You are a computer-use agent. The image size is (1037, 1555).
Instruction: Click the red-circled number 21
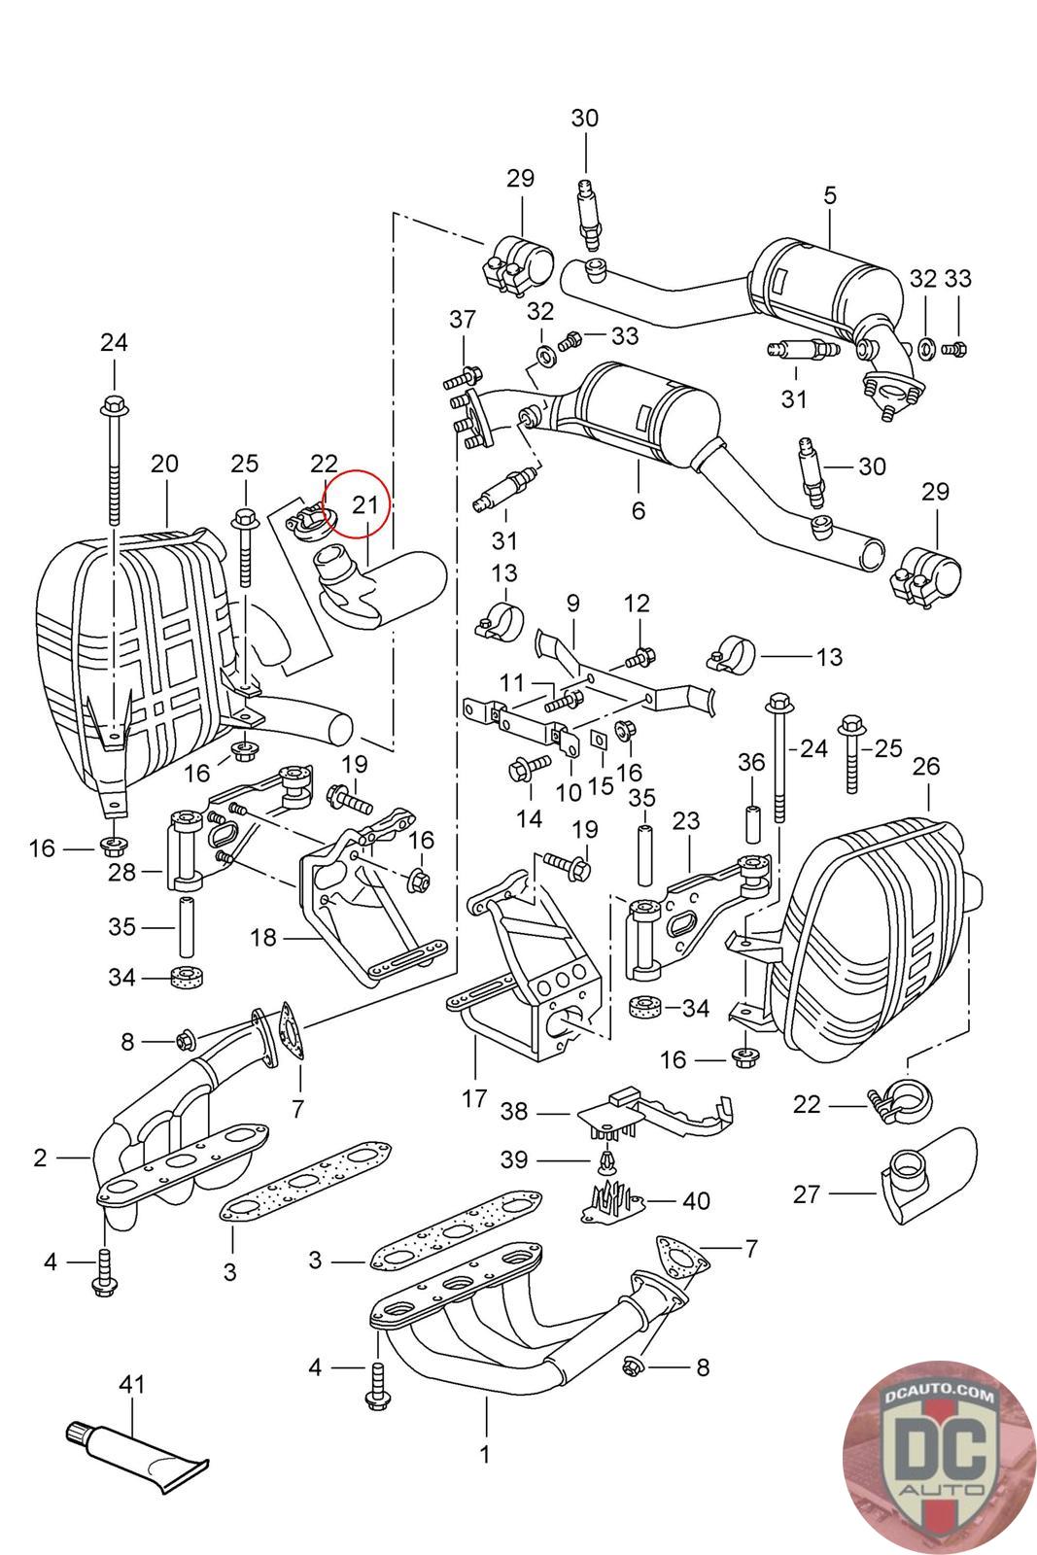pyautogui.click(x=364, y=503)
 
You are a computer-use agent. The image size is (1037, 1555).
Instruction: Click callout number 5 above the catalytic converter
pyautogui.click(x=829, y=195)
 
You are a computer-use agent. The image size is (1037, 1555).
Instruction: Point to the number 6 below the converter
pyautogui.click(x=639, y=510)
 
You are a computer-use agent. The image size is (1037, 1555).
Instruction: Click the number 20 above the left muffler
pyautogui.click(x=165, y=463)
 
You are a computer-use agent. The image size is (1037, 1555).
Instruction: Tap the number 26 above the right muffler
pyautogui.click(x=926, y=766)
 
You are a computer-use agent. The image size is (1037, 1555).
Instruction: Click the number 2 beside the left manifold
pyautogui.click(x=40, y=1158)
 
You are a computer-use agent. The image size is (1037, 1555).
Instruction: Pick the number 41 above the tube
pyautogui.click(x=131, y=1383)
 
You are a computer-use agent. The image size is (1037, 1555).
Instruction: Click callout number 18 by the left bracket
pyautogui.click(x=263, y=938)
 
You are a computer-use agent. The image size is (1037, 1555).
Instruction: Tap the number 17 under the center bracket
pyautogui.click(x=474, y=1099)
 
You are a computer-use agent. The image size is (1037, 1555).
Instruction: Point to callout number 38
pyautogui.click(x=515, y=1111)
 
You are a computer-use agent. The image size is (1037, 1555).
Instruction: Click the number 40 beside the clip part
pyautogui.click(x=696, y=1201)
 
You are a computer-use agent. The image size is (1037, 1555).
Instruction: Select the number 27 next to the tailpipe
pyautogui.click(x=807, y=1193)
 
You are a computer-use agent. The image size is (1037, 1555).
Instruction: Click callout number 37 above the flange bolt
pyautogui.click(x=463, y=319)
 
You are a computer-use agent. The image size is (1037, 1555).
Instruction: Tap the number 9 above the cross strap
pyautogui.click(x=572, y=604)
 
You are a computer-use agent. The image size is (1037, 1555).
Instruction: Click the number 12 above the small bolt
pyautogui.click(x=637, y=604)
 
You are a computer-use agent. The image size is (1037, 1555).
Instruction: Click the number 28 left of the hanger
pyautogui.click(x=122, y=872)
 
